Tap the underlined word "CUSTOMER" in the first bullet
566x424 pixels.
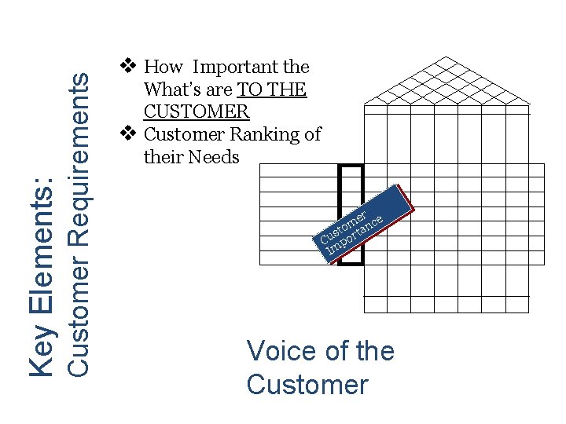click(197, 111)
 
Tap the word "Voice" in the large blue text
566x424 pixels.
click(284, 351)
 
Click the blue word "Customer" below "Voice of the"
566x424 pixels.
click(307, 385)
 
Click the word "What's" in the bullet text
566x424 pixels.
click(173, 90)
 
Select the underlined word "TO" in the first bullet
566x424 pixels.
click(250, 90)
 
